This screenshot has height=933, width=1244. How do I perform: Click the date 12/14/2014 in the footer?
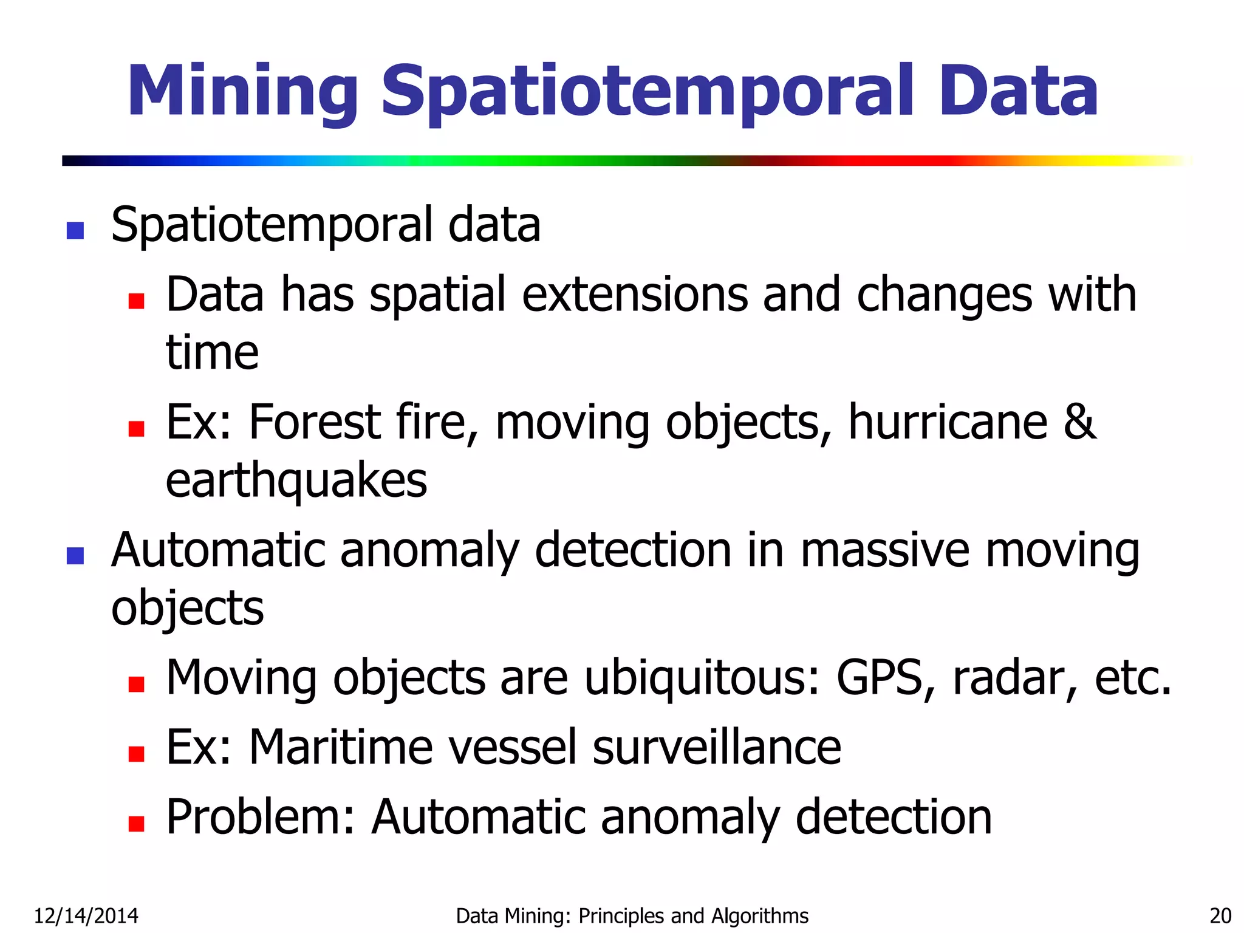tap(86, 915)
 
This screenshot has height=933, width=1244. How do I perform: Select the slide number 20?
tap(1220, 915)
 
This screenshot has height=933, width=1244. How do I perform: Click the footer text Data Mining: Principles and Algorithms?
tap(632, 915)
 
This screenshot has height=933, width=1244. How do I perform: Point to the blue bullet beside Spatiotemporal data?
tap(75, 230)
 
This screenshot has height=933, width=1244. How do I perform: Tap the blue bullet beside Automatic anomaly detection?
tap(75, 556)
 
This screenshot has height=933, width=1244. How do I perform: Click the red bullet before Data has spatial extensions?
tap(137, 301)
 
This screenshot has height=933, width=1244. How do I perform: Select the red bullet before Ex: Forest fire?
tap(137, 429)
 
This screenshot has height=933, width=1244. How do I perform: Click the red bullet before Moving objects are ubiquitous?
tap(137, 685)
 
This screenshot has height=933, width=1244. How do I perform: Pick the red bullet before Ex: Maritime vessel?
tap(137, 754)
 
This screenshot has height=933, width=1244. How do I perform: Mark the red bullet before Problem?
tap(137, 823)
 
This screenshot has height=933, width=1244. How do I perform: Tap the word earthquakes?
tap(296, 481)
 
